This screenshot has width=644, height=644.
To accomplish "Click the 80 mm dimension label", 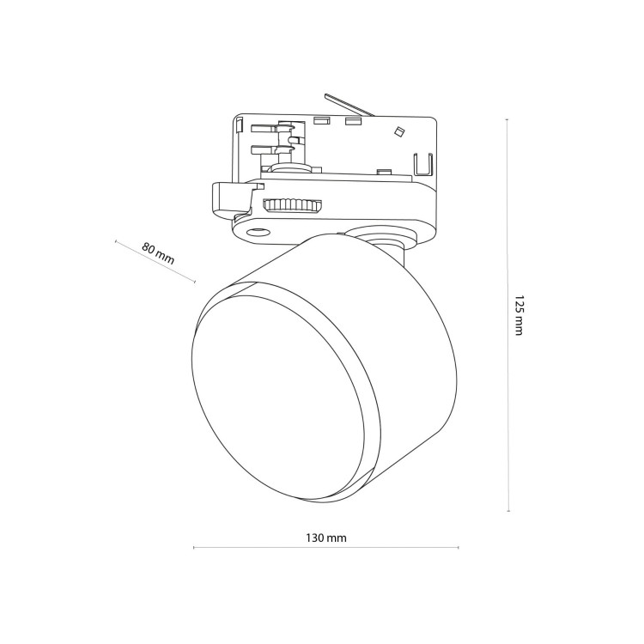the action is [158, 253].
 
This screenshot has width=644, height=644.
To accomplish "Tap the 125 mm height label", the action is [519, 315].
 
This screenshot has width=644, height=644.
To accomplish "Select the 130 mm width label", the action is [326, 538].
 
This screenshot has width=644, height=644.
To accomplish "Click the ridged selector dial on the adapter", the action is [293, 205].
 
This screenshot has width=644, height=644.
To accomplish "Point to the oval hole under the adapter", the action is [258, 233].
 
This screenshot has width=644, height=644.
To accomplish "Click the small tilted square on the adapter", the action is [398, 131].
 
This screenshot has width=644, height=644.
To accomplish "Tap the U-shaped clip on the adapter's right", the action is [423, 164].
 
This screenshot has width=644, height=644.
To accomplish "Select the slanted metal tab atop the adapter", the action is [349, 106].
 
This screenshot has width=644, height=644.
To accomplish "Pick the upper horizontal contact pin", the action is [264, 129].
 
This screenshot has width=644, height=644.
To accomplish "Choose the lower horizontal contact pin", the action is [264, 151].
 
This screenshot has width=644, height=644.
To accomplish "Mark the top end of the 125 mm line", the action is [507, 119].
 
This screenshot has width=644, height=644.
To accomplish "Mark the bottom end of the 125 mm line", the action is [509, 511].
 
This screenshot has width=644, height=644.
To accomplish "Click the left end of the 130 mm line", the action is [193, 548].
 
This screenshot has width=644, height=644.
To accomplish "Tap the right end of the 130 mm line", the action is [459, 548].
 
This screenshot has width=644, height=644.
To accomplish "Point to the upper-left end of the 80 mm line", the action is [116, 241].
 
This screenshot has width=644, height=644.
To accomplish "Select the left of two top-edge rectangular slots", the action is [322, 121].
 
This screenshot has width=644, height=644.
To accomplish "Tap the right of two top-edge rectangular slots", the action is [353, 121].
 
